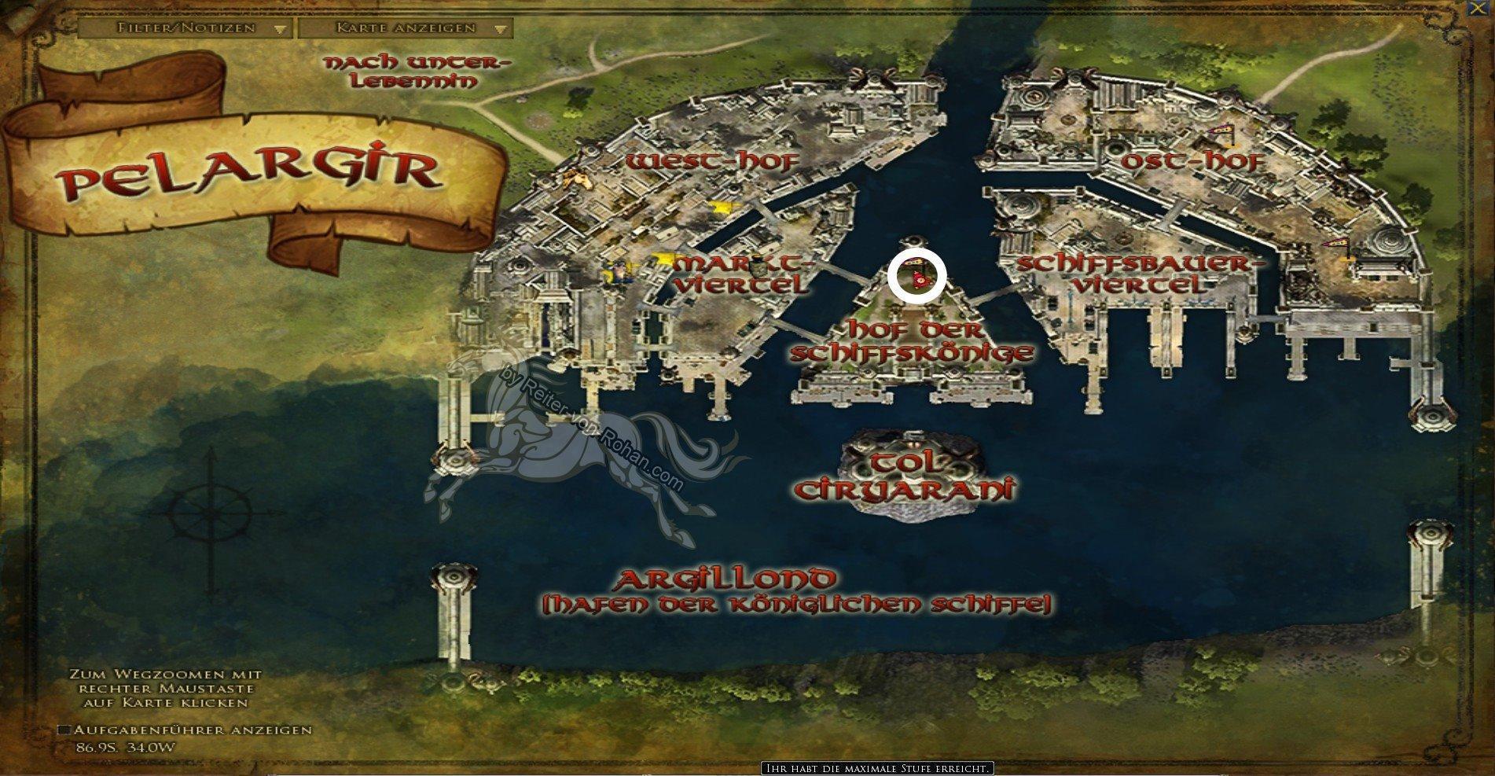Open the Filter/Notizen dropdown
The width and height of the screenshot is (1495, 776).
(185, 28)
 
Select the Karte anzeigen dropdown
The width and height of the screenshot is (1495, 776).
(406, 28)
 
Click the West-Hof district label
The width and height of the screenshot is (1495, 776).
(713, 162)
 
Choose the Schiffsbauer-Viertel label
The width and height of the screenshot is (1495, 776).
(1132, 273)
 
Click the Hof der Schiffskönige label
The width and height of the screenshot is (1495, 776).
(910, 340)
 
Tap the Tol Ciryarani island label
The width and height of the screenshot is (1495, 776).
(904, 475)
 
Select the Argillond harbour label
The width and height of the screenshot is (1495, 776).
(725, 580)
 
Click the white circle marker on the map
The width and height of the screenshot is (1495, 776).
(916, 278)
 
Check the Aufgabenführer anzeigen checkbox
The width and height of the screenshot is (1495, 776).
(64, 730)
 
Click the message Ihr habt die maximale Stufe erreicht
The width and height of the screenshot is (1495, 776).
(877, 768)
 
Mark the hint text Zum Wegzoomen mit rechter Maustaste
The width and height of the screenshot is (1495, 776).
(165, 689)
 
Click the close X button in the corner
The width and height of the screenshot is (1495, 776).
(1487, 6)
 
